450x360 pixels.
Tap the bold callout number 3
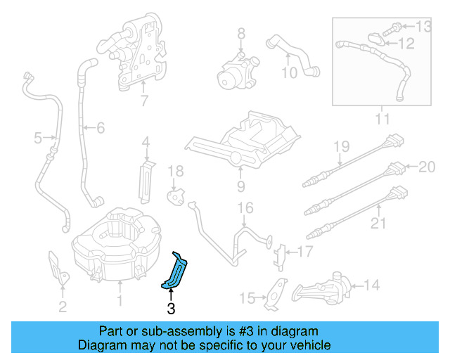[x=171, y=308]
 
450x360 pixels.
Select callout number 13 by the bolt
[x=423, y=27]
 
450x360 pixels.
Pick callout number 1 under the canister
[x=120, y=302]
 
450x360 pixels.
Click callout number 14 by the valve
[x=371, y=285]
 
